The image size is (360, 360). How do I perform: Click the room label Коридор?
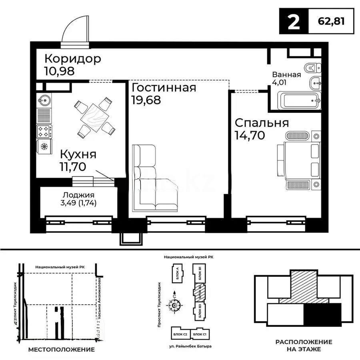72,59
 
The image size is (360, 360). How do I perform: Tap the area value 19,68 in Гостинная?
146,100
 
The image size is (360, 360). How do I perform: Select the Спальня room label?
262,123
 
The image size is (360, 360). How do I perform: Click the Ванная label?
286,74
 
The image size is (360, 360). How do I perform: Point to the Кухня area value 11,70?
73,166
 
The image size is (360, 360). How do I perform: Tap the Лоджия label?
78,195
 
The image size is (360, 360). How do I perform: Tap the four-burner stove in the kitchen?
44,131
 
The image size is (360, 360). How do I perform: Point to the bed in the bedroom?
298,160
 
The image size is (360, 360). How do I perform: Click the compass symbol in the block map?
174,306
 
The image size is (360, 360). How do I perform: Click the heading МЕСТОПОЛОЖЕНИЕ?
62,349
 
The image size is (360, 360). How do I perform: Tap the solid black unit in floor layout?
322,314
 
